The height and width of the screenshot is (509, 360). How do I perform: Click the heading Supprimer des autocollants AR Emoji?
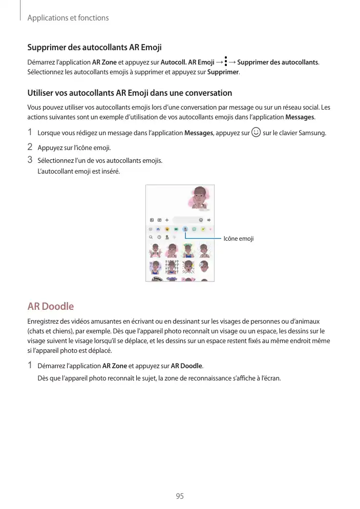[x=94, y=48]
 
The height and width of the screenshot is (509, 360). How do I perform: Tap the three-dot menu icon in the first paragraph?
[x=226, y=62]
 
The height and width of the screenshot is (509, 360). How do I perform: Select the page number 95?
[x=179, y=496]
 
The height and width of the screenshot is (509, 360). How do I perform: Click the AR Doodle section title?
[x=50, y=307]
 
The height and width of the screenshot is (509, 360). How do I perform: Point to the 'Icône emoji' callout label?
[x=239, y=239]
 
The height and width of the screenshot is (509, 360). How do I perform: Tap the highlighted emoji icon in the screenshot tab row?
[x=185, y=229]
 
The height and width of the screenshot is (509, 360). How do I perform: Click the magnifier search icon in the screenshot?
[x=151, y=238]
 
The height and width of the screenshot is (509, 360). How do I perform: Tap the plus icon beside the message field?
[x=167, y=219]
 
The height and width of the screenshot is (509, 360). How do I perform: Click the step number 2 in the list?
[x=30, y=147]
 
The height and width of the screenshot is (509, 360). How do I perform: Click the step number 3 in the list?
[x=30, y=160]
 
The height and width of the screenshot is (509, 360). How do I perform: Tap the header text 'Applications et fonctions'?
[x=68, y=18]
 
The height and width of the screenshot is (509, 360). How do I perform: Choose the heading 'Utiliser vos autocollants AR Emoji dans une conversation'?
[x=130, y=93]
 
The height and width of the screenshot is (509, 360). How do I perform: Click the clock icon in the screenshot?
[x=159, y=238]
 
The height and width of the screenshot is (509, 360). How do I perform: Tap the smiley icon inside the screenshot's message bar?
[x=200, y=219]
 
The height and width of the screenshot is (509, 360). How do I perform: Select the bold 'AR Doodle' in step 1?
[x=186, y=366]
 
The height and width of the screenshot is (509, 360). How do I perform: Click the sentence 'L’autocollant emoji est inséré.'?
[x=79, y=171]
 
